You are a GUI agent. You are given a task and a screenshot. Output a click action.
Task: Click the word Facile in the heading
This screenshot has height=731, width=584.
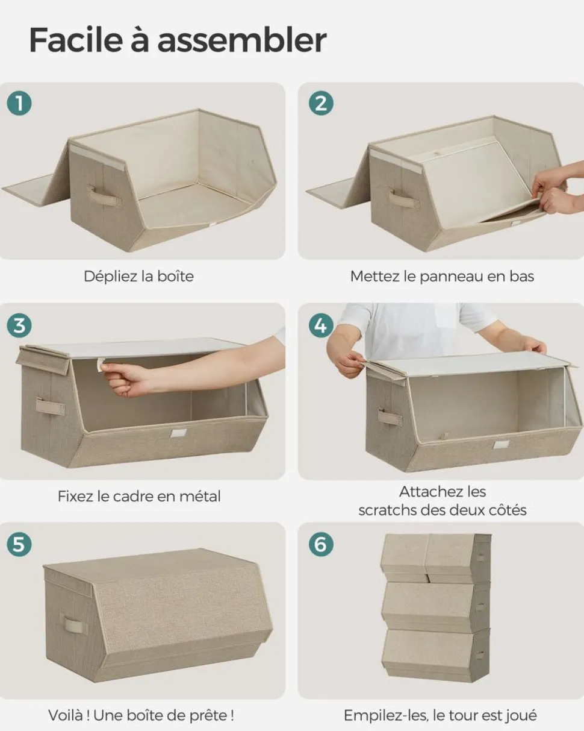[76, 40]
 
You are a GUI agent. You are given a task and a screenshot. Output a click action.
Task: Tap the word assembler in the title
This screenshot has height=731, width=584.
[242, 40]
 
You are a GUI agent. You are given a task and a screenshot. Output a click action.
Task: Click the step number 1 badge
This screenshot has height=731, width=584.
[19, 103]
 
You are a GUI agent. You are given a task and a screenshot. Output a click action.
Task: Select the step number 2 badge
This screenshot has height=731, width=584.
[321, 103]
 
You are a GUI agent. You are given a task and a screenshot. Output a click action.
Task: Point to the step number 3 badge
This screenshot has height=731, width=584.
[19, 325]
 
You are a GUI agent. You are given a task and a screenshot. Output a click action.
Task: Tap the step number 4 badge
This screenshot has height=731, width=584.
[321, 325]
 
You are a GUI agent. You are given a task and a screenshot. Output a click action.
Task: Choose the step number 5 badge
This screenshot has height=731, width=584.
[19, 544]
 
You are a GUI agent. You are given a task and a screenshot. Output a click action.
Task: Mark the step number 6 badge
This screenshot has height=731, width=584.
[321, 544]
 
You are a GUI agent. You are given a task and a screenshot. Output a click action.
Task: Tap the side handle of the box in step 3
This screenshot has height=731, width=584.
[50, 406]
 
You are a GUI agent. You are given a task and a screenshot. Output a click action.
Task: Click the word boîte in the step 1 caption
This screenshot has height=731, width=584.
[175, 276]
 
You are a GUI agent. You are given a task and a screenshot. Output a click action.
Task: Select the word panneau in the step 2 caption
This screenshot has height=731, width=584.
[452, 277]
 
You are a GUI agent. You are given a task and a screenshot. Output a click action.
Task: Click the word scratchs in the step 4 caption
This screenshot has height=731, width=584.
[387, 510]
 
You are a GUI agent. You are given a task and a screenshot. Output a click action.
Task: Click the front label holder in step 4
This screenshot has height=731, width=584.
[500, 445]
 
